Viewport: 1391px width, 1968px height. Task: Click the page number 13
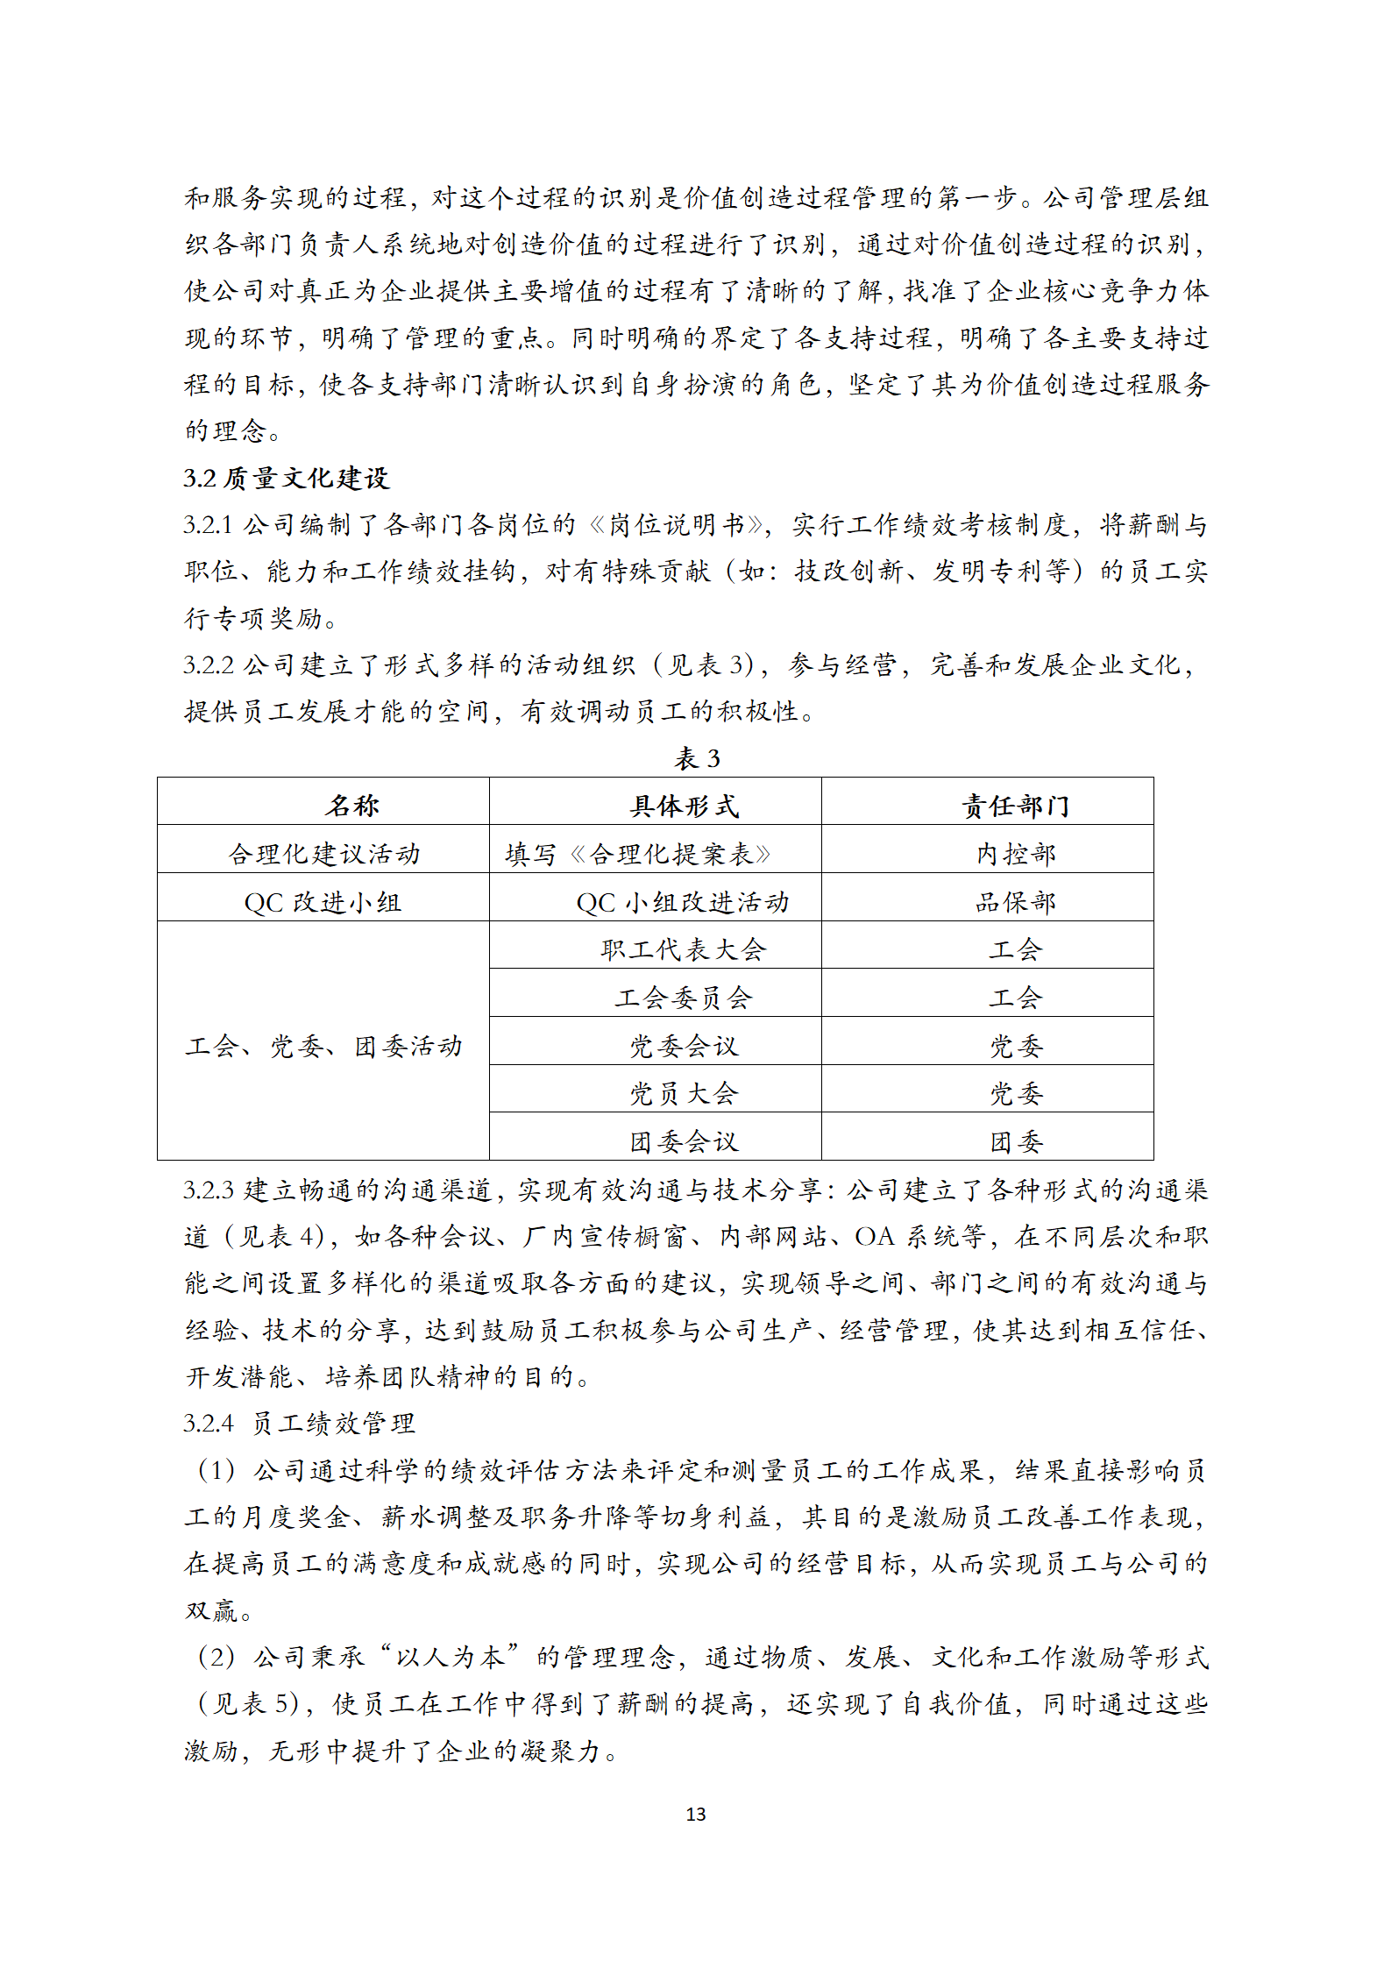click(x=695, y=1814)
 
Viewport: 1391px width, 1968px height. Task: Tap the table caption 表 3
click(x=697, y=758)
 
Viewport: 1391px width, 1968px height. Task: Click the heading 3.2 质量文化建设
click(x=287, y=478)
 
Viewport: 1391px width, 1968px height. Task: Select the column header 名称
click(x=352, y=805)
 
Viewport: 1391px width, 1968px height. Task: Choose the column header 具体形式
click(x=684, y=805)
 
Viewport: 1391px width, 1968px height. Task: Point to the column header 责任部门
click(x=1015, y=805)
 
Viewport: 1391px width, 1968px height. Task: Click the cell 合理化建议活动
click(x=324, y=853)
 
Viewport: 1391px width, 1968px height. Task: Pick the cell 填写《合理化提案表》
click(x=638, y=853)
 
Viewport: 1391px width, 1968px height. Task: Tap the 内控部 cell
click(x=1015, y=853)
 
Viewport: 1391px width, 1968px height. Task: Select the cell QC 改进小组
click(x=323, y=901)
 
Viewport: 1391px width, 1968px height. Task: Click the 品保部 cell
click(x=1015, y=901)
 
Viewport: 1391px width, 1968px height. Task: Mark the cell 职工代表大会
click(x=684, y=949)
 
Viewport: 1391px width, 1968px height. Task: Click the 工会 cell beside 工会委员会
click(x=1015, y=997)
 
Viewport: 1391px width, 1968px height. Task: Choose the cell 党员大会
click(x=684, y=1093)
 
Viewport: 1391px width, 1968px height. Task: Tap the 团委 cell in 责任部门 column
click(x=1015, y=1140)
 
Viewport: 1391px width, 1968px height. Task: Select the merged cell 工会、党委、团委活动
click(x=323, y=1046)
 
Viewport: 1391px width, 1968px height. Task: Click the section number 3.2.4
click(x=209, y=1422)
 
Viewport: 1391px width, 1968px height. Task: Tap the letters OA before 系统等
click(x=874, y=1236)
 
